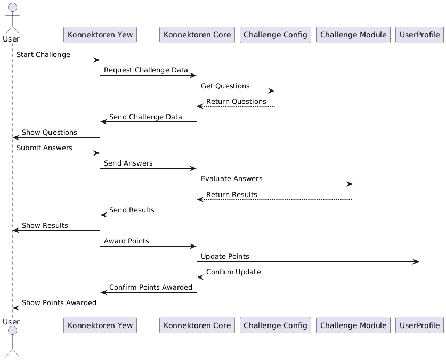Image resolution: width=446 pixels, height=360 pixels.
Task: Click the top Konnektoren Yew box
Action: (100, 35)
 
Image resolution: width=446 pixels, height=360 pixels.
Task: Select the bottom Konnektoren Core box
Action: (197, 325)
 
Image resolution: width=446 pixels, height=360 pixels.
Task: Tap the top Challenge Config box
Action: (275, 35)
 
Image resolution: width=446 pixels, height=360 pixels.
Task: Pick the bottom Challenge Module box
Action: (353, 325)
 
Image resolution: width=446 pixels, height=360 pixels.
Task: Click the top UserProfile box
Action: (419, 35)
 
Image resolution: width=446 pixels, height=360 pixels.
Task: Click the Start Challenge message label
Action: (43, 55)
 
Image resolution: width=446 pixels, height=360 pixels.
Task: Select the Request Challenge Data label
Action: (146, 70)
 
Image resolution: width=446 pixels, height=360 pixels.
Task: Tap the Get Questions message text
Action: (225, 86)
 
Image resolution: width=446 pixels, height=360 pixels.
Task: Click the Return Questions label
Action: (236, 101)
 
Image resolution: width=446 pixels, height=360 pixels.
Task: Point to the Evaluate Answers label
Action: (231, 179)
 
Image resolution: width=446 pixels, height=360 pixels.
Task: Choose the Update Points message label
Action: (225, 257)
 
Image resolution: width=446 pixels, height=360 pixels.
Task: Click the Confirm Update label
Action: (233, 272)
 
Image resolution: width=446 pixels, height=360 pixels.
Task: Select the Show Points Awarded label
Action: (59, 303)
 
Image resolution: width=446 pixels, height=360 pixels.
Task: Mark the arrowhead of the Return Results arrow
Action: (200, 199)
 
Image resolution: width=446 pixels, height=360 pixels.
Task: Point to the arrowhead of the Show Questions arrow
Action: (15, 137)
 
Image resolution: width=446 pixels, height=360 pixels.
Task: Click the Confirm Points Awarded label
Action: (151, 288)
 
